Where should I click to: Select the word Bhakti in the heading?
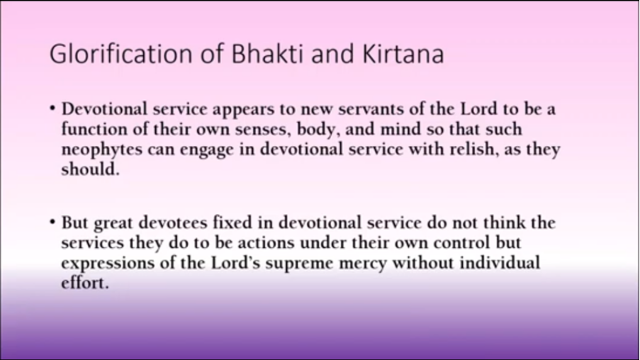tap(267, 53)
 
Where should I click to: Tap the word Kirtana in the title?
tap(403, 53)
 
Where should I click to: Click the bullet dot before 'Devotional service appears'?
tap(52, 108)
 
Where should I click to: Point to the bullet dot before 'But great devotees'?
tap(52, 223)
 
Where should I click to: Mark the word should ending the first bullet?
tap(90, 169)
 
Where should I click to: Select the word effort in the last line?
tap(85, 282)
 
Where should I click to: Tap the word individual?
tap(500, 262)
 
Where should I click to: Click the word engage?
tap(207, 150)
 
